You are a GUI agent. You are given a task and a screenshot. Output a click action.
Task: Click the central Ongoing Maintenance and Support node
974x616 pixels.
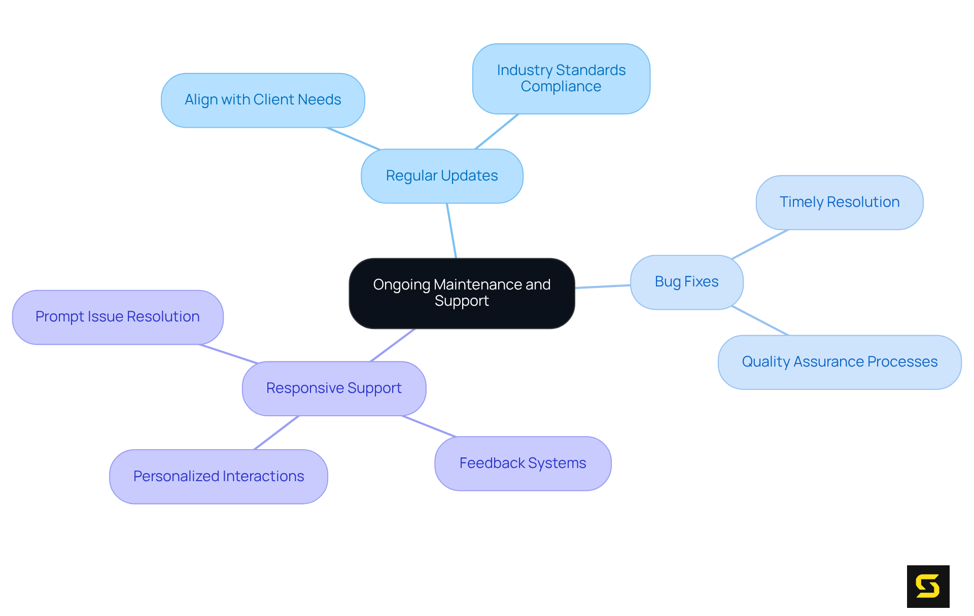click(462, 293)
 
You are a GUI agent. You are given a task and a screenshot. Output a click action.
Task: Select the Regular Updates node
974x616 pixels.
click(442, 176)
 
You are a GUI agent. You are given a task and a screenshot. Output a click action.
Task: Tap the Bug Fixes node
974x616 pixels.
click(686, 282)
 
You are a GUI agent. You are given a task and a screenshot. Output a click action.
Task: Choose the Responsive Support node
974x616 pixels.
click(334, 388)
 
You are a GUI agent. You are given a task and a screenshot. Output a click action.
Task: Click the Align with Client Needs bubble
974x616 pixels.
click(263, 100)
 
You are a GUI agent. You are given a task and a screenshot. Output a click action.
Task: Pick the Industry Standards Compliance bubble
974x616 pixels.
click(561, 78)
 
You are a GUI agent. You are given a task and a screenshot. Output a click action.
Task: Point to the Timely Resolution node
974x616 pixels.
click(839, 202)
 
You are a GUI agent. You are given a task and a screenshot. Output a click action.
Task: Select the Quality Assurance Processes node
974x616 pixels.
click(840, 362)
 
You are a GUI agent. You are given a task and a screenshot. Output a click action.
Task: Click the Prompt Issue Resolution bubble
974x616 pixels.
click(118, 317)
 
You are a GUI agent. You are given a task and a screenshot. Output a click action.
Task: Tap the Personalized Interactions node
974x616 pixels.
click(219, 477)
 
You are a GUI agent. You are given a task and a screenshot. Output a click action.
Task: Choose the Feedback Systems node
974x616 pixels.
click(523, 463)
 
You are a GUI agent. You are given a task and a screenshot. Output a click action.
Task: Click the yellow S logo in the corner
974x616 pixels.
click(928, 586)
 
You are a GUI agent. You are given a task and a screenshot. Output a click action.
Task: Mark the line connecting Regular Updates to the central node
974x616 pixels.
click(451, 231)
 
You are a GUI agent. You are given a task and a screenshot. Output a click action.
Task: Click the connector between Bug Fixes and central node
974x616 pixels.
click(603, 286)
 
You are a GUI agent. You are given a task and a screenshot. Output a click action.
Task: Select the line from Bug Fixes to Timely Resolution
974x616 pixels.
click(760, 244)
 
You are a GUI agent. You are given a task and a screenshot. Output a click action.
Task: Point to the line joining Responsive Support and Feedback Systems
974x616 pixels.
click(429, 426)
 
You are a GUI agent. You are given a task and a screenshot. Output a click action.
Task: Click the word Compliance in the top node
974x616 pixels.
click(561, 87)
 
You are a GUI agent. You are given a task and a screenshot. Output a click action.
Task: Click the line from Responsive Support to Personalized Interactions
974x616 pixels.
click(276, 432)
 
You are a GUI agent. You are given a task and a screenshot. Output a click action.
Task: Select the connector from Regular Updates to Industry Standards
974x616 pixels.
click(497, 131)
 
